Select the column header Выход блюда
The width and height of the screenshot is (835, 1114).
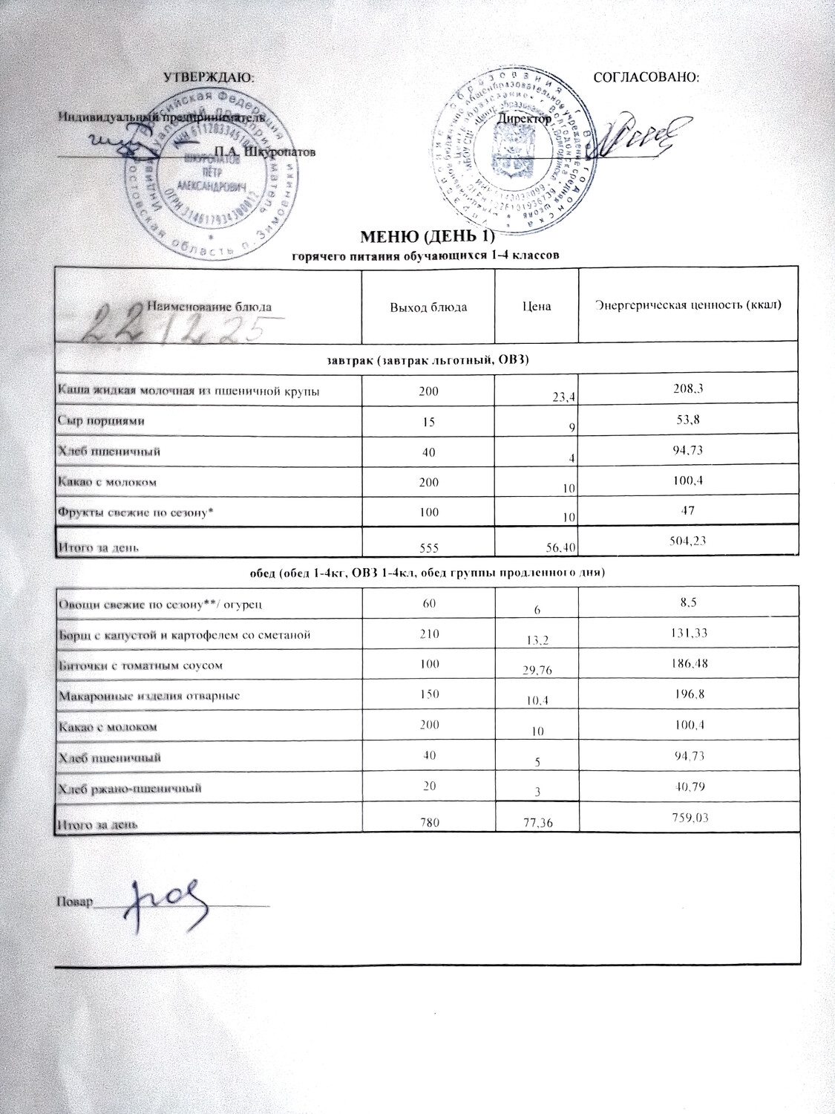tap(423, 307)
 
